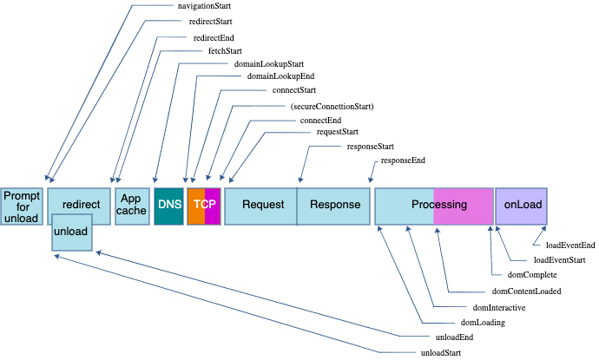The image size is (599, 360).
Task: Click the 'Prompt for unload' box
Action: (x=22, y=206)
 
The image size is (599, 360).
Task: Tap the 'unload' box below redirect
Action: (x=71, y=232)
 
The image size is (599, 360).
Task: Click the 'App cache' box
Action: (x=132, y=206)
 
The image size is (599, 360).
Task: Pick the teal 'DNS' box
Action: (x=168, y=206)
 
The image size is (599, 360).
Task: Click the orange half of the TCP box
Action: (x=195, y=206)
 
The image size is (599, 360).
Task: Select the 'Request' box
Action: (x=261, y=206)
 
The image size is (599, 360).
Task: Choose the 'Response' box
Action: (x=334, y=206)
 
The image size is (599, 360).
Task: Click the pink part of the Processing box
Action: (x=463, y=206)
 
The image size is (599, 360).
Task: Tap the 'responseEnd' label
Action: (x=403, y=161)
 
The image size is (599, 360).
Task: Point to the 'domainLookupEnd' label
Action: (x=274, y=77)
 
